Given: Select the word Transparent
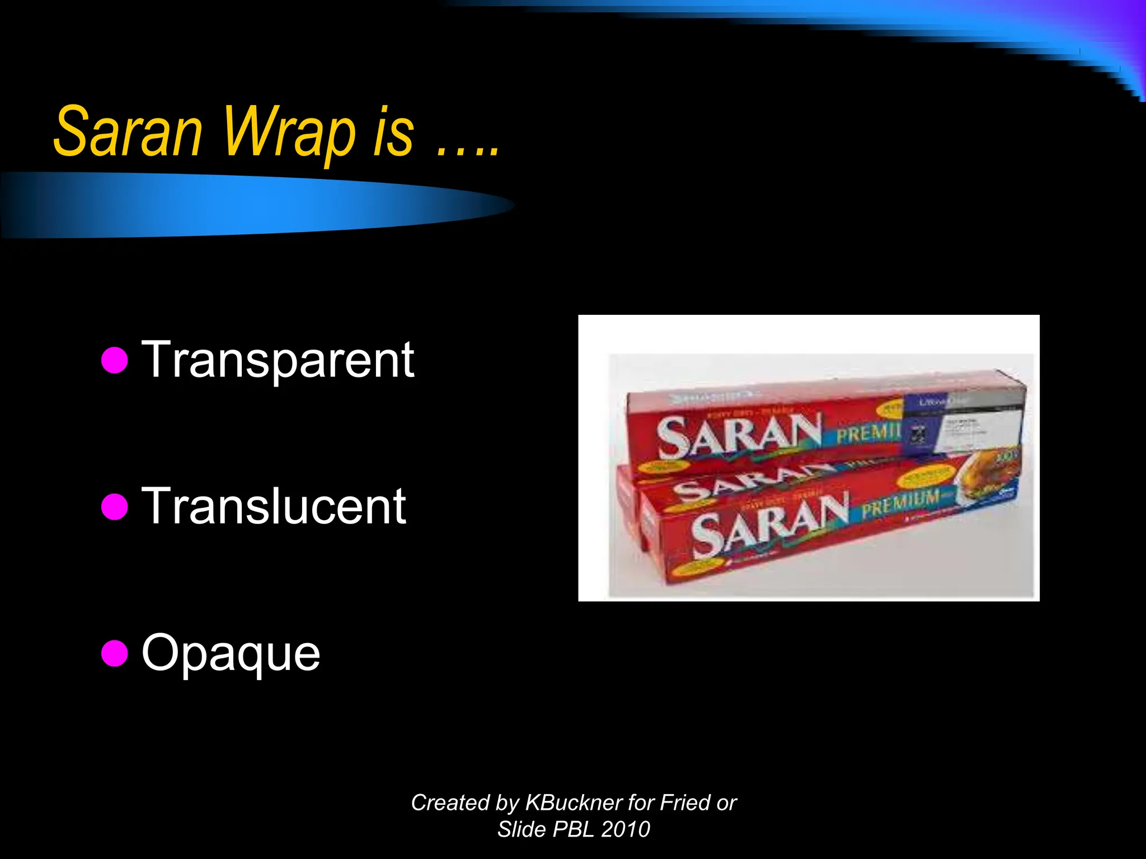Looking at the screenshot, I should (x=278, y=361).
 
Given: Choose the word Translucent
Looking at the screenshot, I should (x=274, y=507).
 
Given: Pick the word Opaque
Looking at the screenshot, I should (x=231, y=653).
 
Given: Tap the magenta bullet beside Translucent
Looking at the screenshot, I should (x=115, y=506).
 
